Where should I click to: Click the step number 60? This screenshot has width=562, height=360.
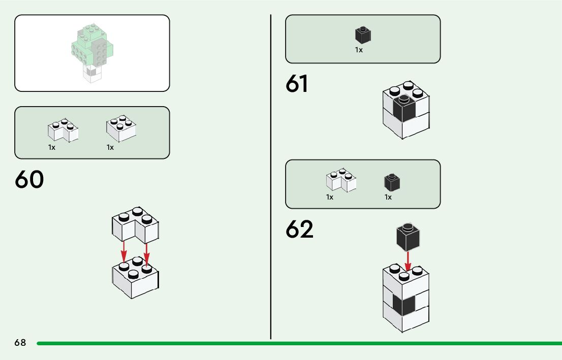click(29, 180)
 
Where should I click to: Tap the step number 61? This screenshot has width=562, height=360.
click(297, 84)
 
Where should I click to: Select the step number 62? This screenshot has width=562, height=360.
click(299, 230)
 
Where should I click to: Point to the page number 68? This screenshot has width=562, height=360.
click(20, 343)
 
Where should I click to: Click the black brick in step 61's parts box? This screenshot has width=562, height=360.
click(363, 35)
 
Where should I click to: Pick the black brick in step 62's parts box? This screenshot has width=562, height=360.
click(392, 183)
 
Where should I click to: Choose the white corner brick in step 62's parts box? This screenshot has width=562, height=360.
click(340, 181)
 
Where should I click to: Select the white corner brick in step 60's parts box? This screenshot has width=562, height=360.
click(63, 131)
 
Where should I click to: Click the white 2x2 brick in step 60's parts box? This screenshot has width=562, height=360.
click(121, 129)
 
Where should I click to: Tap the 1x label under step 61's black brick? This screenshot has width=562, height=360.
click(359, 50)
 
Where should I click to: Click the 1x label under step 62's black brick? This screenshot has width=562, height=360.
click(388, 197)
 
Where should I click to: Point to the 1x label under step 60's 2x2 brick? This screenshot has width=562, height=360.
click(110, 147)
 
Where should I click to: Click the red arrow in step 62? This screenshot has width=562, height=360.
click(408, 260)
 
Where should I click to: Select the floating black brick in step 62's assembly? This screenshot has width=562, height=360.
click(408, 237)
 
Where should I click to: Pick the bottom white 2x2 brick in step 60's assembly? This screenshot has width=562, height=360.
click(135, 279)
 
